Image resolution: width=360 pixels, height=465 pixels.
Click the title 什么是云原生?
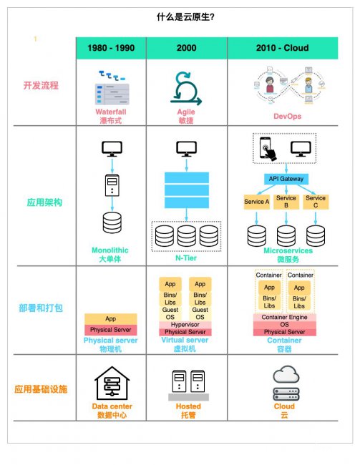pyautogui.click(x=185, y=17)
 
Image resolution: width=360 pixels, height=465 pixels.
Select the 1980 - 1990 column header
pyautogui.click(x=111, y=48)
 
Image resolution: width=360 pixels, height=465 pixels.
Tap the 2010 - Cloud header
pyautogui.click(x=282, y=48)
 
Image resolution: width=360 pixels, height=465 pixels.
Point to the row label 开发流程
pyautogui.click(x=41, y=85)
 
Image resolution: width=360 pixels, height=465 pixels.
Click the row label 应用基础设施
pyautogui.click(x=41, y=388)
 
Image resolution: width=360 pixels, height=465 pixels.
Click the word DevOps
pyautogui.click(x=287, y=116)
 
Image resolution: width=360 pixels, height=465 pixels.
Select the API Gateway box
pyautogui.click(x=286, y=179)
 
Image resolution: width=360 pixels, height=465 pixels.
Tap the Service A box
pyautogui.click(x=256, y=202)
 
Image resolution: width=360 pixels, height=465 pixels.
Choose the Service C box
pyautogui.click(x=316, y=202)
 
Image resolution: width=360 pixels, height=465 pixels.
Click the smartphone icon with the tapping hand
pyautogui.click(x=268, y=149)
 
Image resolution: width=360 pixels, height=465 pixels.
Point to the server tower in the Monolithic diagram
pyautogui.click(x=112, y=185)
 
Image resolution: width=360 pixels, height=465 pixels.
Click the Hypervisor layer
pyautogui.click(x=185, y=325)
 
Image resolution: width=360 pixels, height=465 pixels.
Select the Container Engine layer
pyautogui.click(x=284, y=318)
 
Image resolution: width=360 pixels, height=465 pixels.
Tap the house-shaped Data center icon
pyautogui.click(x=112, y=383)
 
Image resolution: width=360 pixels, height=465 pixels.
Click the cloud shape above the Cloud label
pyautogui.click(x=286, y=374)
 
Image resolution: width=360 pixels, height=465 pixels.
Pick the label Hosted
pyautogui.click(x=188, y=406)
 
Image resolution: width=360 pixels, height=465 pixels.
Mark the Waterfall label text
pyautogui.click(x=111, y=112)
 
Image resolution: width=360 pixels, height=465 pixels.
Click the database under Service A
pyautogui.click(x=257, y=236)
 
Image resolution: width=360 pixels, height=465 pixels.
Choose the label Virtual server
pyautogui.click(x=185, y=340)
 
